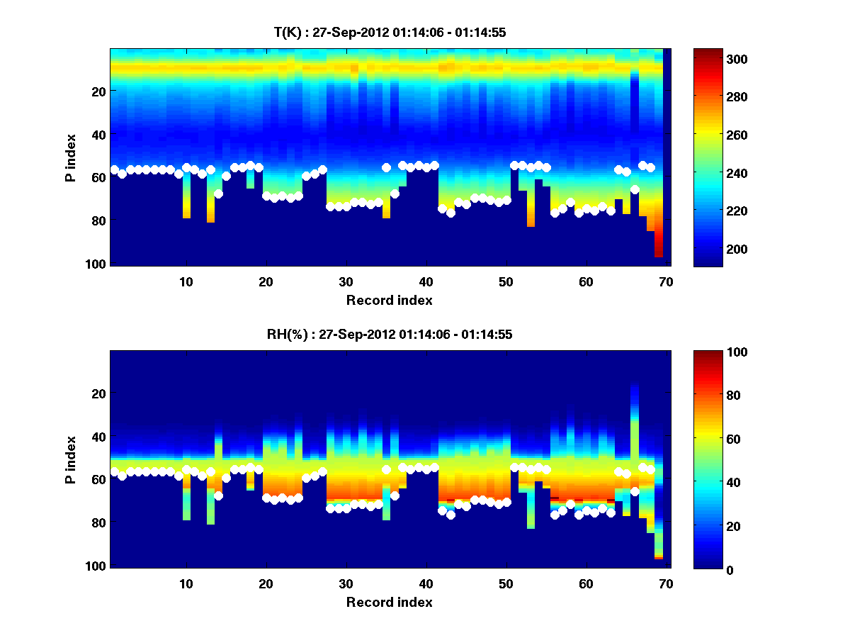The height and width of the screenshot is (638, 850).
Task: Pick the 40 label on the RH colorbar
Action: click(709, 482)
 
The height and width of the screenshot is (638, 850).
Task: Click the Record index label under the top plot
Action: click(389, 300)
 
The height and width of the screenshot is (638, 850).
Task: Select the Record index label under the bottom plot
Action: click(389, 602)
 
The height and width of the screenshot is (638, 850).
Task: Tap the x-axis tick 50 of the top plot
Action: click(506, 281)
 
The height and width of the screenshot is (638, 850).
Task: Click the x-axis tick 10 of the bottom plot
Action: click(186, 584)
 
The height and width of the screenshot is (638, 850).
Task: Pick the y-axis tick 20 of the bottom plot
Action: click(99, 393)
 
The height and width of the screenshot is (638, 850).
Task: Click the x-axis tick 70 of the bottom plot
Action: click(665, 584)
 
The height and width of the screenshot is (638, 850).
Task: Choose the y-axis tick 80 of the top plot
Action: click(99, 220)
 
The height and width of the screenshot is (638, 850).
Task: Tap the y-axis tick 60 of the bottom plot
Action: click(99, 480)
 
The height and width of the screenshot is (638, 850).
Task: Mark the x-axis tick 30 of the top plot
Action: click(346, 281)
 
